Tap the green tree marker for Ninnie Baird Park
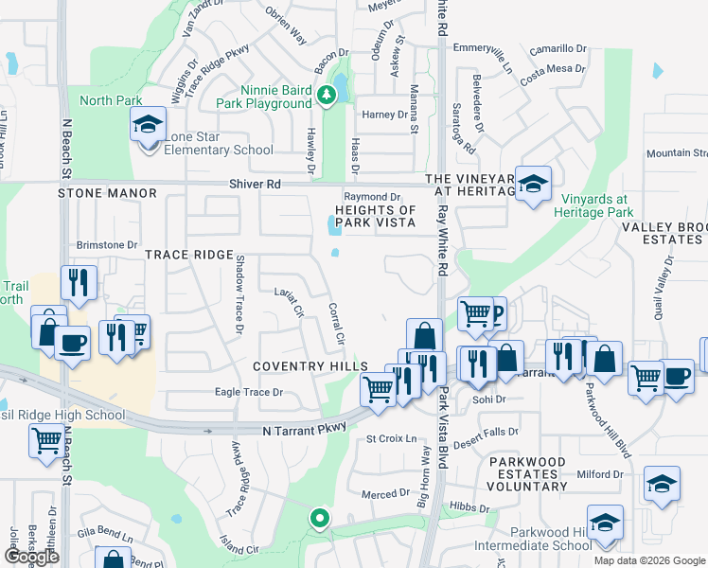(326, 94)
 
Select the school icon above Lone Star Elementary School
(148, 126)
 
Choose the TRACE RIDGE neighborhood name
(189, 256)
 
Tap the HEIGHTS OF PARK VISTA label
(376, 216)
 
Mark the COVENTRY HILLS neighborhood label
(310, 366)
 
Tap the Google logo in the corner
(31, 557)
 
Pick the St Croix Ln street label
(392, 439)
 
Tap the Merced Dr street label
(385, 494)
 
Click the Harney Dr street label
(384, 115)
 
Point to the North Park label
(111, 101)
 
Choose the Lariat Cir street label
(288, 301)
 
